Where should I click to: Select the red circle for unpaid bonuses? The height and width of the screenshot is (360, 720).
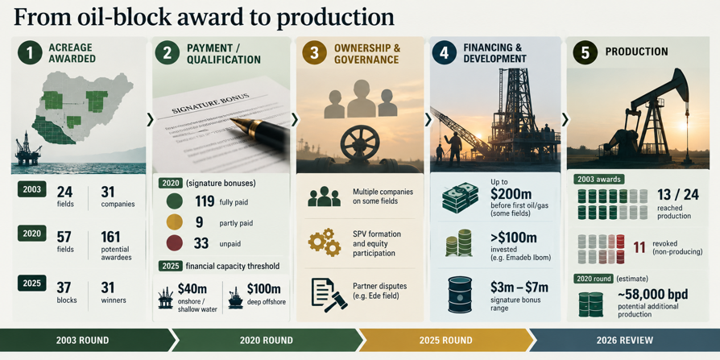(x=175, y=243)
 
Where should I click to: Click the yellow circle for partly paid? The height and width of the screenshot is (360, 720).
(x=175, y=222)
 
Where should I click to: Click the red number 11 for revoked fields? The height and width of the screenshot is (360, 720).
(x=639, y=247)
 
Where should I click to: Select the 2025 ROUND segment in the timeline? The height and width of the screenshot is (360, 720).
(x=445, y=340)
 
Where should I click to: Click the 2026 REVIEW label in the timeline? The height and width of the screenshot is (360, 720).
(x=624, y=340)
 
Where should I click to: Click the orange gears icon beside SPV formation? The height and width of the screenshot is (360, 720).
(x=325, y=242)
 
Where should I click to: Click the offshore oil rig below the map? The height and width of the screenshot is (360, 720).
(x=27, y=148)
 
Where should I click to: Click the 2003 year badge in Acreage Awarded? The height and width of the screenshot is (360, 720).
(x=32, y=188)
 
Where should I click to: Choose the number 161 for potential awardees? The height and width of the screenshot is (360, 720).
(x=110, y=238)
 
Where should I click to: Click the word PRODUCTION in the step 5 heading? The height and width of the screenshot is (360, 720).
(x=636, y=52)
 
